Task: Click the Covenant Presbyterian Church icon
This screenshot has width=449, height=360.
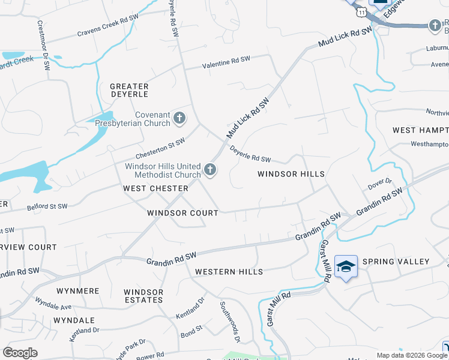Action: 179,118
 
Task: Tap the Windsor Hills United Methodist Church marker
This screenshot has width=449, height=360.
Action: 210,170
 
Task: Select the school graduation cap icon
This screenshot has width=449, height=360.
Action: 346,266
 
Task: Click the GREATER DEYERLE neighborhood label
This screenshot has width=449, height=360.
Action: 129,91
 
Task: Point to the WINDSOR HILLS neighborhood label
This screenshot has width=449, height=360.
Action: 291,174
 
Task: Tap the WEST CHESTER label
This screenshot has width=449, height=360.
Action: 155,188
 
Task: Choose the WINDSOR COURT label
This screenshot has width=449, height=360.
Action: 183,213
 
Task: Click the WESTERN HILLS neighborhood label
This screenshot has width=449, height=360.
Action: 229,272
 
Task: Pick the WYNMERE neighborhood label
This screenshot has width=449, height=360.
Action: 77,291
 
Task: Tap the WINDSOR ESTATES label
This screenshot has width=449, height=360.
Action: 143,296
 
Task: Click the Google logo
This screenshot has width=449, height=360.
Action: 20,353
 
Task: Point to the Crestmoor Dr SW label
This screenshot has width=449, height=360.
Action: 44,46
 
